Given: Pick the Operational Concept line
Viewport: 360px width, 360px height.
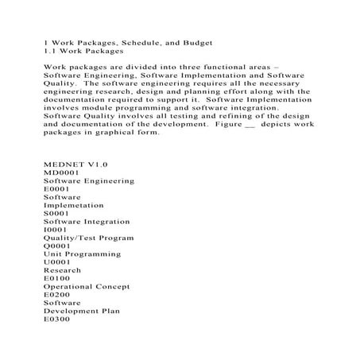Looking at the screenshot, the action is click(87, 286).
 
